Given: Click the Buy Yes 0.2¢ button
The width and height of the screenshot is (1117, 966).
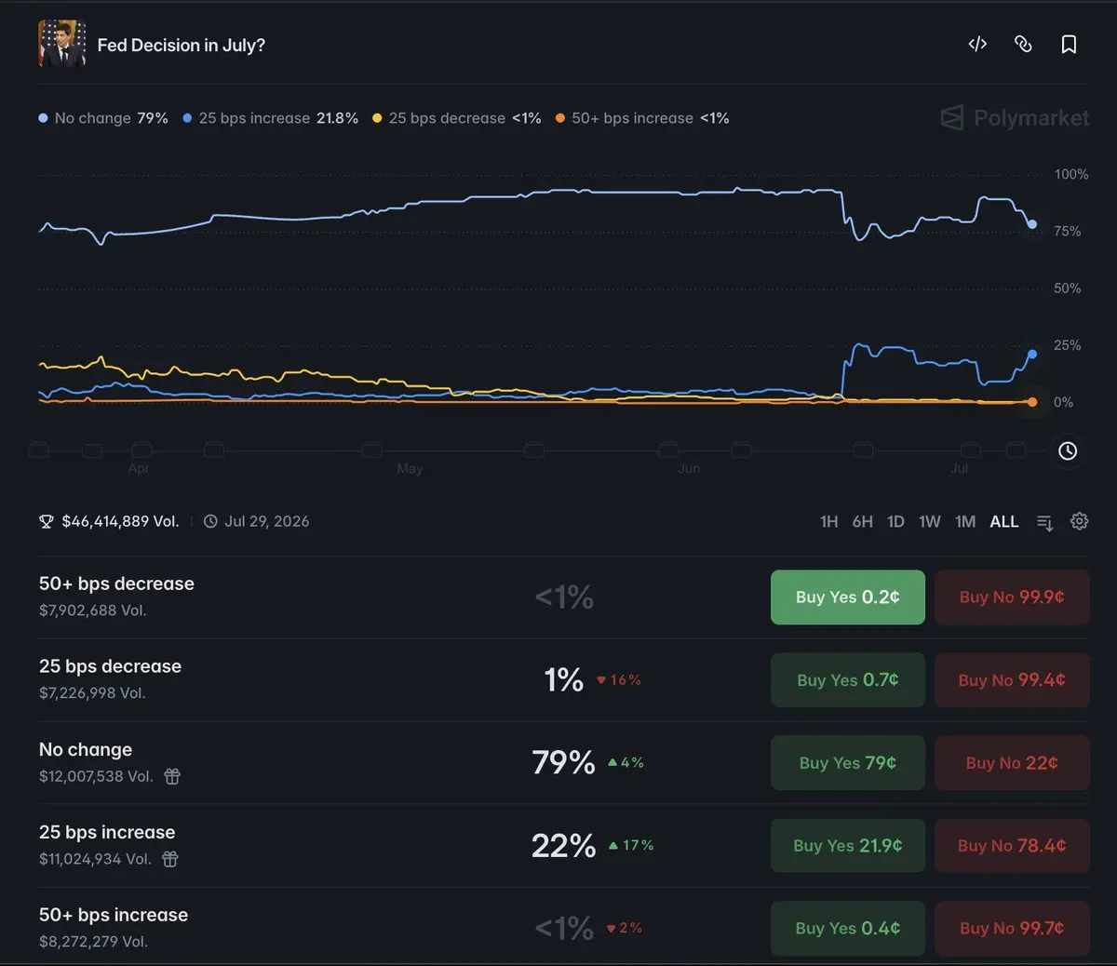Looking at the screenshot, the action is tap(847, 597).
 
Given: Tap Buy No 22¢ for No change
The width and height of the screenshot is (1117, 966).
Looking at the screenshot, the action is tap(1012, 763).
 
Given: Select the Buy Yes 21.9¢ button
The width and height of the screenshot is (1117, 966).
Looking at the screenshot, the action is tap(847, 846).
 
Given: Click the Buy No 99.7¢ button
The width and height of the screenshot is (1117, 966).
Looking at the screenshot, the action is tap(1012, 928).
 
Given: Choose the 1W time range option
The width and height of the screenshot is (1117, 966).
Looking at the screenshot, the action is tap(930, 521).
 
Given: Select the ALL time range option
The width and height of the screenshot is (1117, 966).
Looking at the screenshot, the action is tap(1004, 521).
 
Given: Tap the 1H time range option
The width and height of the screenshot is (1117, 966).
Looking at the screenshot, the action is tap(828, 521).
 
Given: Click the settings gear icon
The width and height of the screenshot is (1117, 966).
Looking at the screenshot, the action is tap(1079, 521).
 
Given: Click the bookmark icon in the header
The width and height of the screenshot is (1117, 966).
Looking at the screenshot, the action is tap(1069, 45).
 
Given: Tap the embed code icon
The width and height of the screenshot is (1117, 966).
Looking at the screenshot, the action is tap(977, 44).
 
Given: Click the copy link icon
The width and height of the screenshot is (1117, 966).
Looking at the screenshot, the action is tap(1023, 44).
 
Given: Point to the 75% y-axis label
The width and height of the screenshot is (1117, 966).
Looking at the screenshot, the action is tap(1067, 231).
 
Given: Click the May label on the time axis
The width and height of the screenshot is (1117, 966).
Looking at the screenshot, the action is tap(410, 468).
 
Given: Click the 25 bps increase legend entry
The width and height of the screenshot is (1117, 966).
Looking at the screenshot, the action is tap(270, 118).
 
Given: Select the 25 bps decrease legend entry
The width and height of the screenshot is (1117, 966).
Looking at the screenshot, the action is tap(457, 118).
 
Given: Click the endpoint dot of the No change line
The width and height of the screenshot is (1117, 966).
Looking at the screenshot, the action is tap(1032, 224).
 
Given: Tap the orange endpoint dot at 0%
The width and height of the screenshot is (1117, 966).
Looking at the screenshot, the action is tap(1032, 402).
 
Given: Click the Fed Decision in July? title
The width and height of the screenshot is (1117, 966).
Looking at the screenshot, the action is tap(181, 45).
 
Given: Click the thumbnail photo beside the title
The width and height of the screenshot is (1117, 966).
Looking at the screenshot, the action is tap(62, 43).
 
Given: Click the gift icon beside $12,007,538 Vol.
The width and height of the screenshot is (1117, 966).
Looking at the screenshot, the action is tap(172, 776).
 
